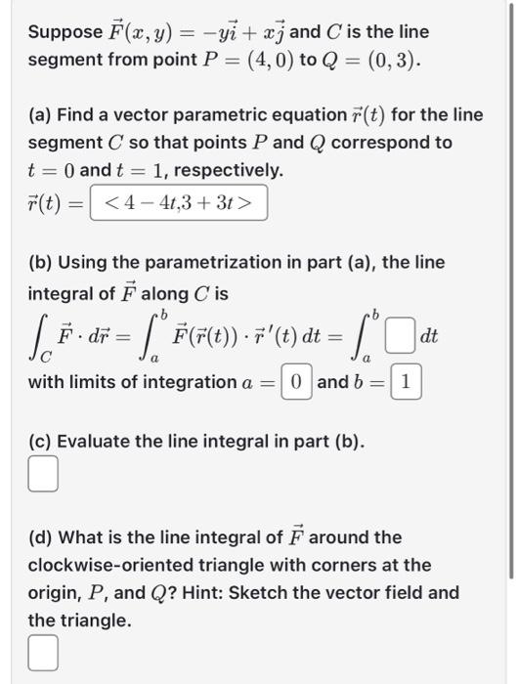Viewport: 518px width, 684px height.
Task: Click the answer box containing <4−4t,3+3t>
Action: point(178,203)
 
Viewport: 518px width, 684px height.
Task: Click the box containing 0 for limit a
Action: point(296,381)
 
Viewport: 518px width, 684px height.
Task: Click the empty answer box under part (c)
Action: point(41,476)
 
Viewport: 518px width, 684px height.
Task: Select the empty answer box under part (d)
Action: point(41,654)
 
